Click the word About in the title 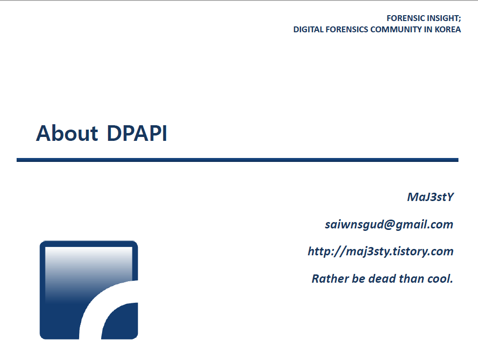tap(67, 133)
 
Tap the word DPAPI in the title tap(137, 133)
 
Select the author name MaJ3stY tap(430, 197)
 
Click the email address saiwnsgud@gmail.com tap(389, 225)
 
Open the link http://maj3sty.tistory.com tap(380, 251)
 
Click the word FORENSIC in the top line tap(404, 18)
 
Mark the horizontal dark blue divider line tap(238, 159)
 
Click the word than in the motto tap(413, 279)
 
